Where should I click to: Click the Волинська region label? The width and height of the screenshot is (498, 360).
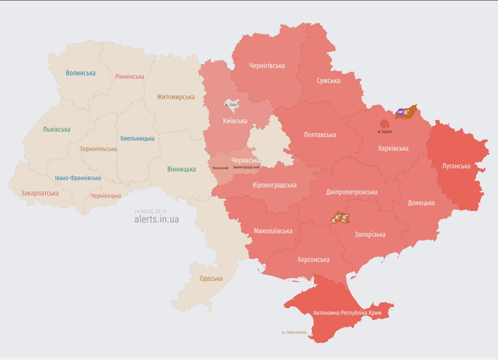click(x=81, y=73)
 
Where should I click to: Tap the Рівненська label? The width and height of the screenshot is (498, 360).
click(x=130, y=76)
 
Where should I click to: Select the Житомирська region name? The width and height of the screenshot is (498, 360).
click(x=176, y=97)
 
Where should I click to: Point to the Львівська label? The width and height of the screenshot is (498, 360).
click(x=56, y=129)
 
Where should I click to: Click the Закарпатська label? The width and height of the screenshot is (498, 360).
click(x=40, y=193)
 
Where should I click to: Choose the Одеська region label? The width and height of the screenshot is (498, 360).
click(x=211, y=278)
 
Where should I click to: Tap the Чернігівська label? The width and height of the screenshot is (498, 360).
click(x=267, y=66)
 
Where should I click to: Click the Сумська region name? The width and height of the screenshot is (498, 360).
click(x=328, y=81)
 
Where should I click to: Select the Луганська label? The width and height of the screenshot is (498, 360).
click(x=456, y=166)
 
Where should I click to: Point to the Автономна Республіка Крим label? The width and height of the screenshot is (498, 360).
click(x=347, y=313)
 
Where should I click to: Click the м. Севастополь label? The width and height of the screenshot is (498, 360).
click(x=294, y=332)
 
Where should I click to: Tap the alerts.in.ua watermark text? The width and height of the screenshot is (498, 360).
click(x=156, y=219)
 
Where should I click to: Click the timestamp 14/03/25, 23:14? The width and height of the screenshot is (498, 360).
click(x=150, y=211)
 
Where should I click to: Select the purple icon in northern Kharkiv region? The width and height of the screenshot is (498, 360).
click(x=401, y=112)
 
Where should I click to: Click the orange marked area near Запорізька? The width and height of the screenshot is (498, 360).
click(x=340, y=217)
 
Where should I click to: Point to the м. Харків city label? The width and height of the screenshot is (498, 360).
click(x=385, y=132)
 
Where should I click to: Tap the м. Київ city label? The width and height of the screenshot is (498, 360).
click(x=231, y=105)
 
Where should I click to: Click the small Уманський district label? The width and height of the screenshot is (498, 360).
click(x=220, y=168)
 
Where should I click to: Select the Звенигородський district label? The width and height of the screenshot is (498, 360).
click(x=246, y=167)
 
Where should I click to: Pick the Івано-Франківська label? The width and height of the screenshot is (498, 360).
click(x=78, y=178)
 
